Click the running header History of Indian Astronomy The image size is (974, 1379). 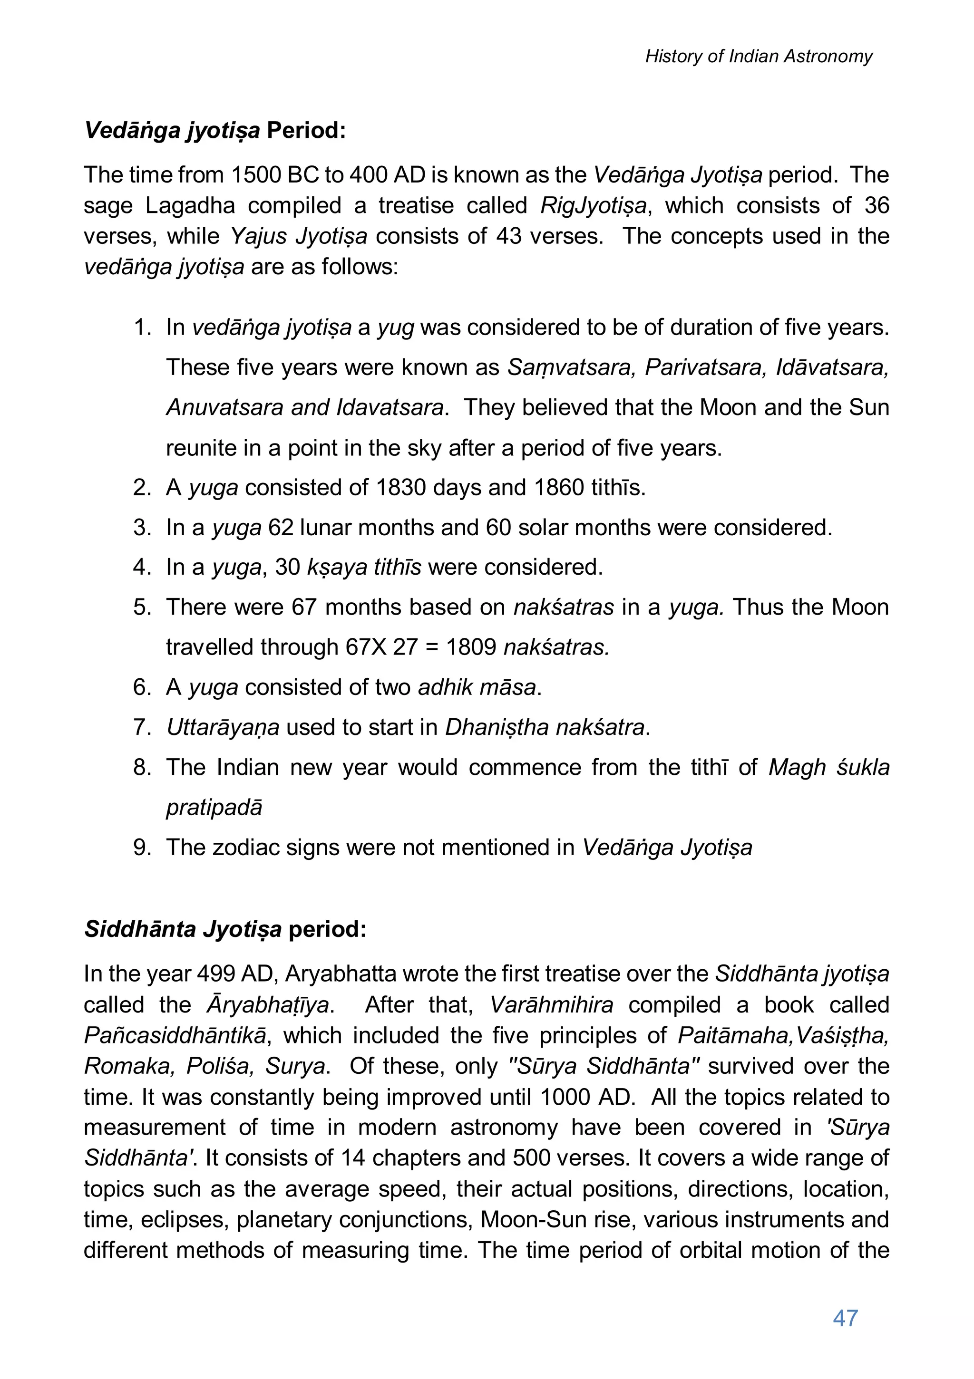(x=758, y=57)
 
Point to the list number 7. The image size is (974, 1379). (x=142, y=727)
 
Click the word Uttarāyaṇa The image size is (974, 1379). (x=222, y=727)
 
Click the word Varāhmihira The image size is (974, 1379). (x=552, y=1005)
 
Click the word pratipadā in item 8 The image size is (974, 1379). (x=214, y=807)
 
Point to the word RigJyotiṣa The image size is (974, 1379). (x=593, y=205)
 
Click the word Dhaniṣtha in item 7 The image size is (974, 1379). (x=497, y=727)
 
